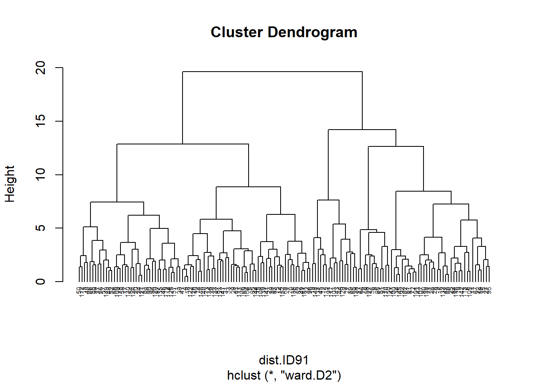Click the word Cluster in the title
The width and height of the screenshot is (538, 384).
[237, 32]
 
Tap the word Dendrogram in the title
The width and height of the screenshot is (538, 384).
[312, 32]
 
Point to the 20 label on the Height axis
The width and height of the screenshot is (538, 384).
[41, 68]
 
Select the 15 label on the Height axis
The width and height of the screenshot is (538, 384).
[41, 121]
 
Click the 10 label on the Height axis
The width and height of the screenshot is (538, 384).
[41, 175]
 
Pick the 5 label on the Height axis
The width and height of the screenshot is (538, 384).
[41, 228]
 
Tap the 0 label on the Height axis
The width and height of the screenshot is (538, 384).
[41, 282]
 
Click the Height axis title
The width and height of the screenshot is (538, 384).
[10, 184]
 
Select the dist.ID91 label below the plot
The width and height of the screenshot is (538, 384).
[283, 360]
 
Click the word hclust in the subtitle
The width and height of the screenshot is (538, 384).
[244, 376]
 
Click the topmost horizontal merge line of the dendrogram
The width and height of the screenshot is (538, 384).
[272, 72]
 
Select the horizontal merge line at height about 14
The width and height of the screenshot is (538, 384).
[362, 130]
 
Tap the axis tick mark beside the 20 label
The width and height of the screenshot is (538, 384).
[59, 68]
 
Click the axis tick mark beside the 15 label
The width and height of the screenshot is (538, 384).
[59, 121]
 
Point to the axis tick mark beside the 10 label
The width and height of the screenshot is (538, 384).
[59, 175]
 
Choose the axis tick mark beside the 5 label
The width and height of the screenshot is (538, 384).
[59, 228]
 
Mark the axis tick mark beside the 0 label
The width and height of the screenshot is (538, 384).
[59, 282]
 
